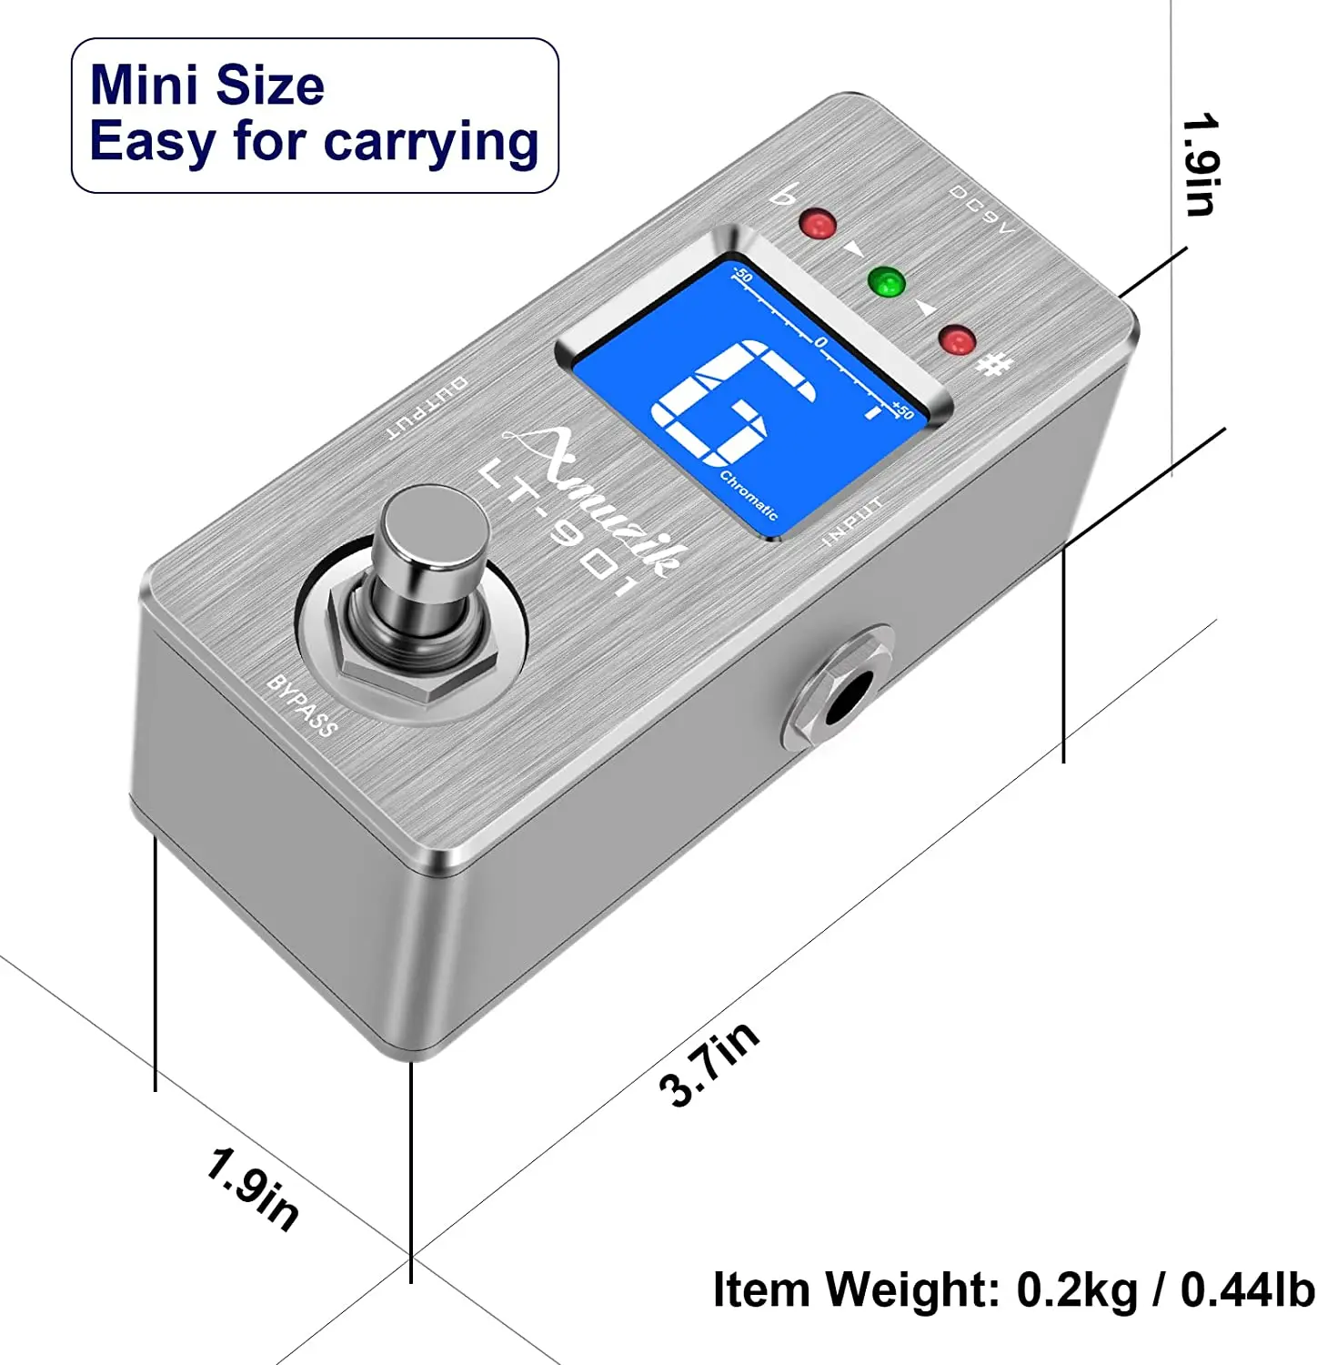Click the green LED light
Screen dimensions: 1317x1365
[x=887, y=281]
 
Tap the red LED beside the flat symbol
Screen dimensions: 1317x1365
[x=817, y=224]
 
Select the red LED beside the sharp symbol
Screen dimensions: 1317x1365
[x=958, y=340]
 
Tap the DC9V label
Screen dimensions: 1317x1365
[x=982, y=210]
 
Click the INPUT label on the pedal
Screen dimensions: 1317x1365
[x=852, y=521]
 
